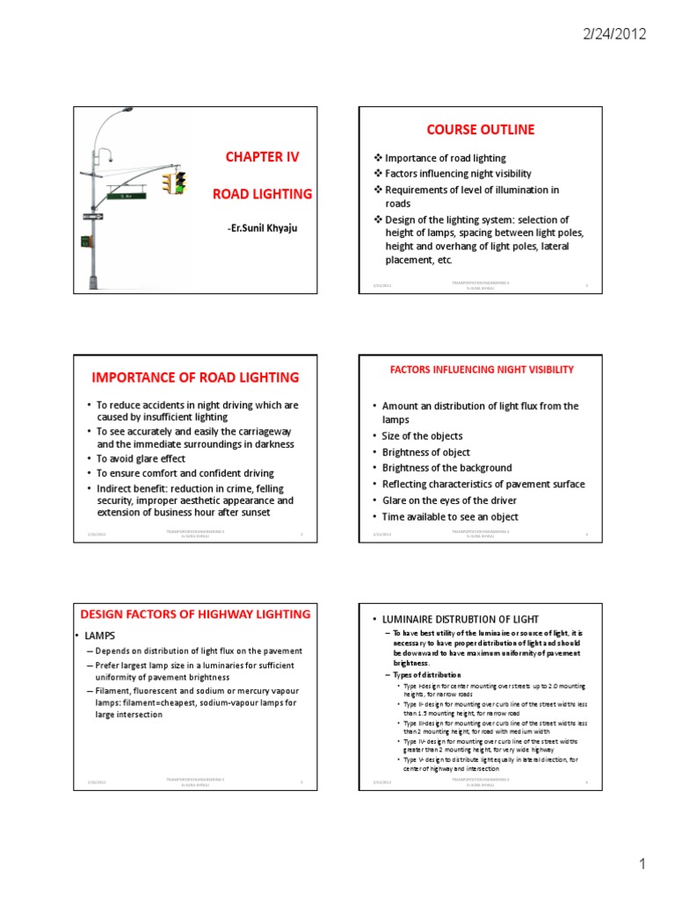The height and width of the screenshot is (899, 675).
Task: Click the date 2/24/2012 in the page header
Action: pos(614,35)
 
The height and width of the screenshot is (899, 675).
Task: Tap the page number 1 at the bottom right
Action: pos(642,865)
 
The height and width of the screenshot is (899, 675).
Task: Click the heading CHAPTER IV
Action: pos(262,157)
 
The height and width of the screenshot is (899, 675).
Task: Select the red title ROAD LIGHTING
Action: pos(262,194)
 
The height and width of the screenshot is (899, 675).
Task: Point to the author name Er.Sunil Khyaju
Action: pos(262,229)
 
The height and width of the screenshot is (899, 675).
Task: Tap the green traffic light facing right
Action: pos(181,183)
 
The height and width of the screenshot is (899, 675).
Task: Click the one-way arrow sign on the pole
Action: pos(92,216)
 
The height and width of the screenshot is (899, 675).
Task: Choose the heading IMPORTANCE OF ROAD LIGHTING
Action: pos(195,378)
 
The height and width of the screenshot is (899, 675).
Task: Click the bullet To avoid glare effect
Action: pos(141,458)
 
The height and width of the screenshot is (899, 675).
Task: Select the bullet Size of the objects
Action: pos(422,435)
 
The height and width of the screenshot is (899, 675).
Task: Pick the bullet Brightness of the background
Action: pos(446,468)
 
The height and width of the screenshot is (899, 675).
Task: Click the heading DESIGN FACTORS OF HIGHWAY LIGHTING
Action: pos(195,614)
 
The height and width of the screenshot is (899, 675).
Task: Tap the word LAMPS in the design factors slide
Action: pos(104,635)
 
